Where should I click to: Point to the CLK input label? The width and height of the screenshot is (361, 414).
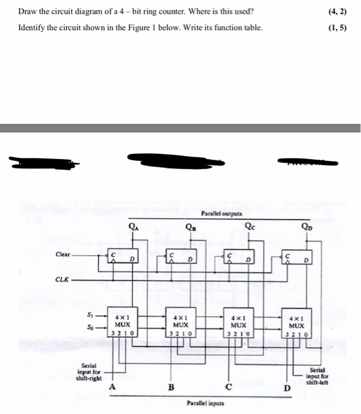point(62,279)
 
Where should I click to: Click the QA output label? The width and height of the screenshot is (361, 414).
point(135,225)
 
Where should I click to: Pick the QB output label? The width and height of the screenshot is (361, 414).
point(192,225)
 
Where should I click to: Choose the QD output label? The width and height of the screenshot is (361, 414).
point(306,225)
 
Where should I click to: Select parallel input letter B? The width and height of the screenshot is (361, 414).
point(171,387)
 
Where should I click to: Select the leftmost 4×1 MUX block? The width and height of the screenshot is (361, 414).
point(123,325)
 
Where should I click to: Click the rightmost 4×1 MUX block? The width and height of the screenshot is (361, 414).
point(296,325)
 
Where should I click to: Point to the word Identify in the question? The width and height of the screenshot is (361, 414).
point(33,28)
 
